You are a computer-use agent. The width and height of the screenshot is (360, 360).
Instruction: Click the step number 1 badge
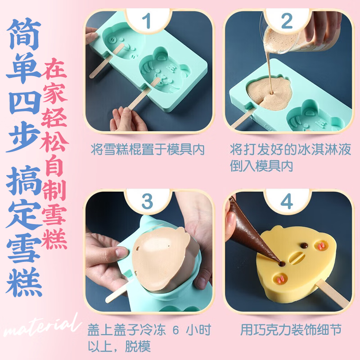pyautogui.click(x=148, y=21)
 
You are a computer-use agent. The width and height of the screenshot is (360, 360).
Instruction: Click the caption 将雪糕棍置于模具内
pyautogui.click(x=148, y=149)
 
